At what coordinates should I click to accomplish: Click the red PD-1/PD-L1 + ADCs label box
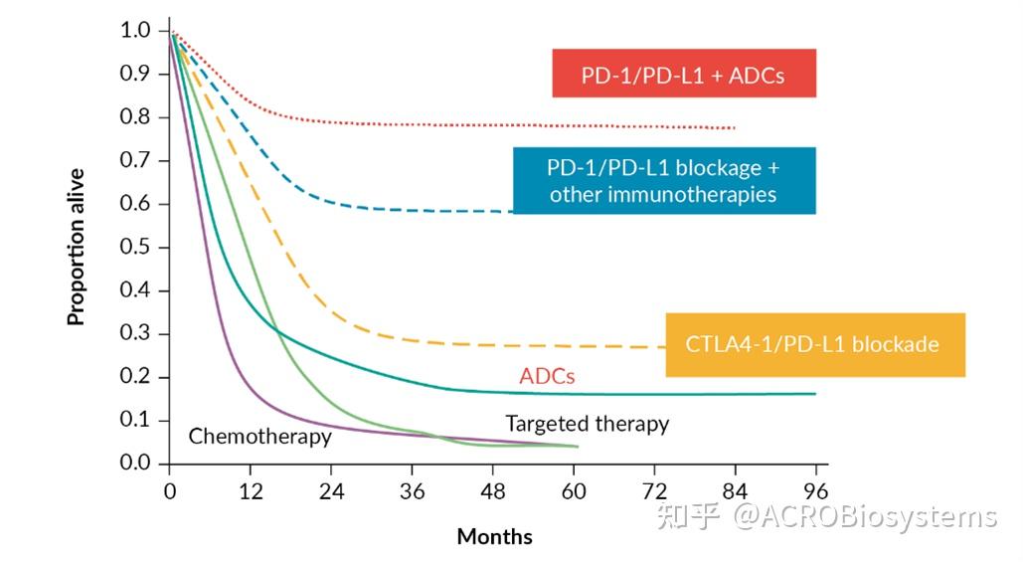[x=684, y=74]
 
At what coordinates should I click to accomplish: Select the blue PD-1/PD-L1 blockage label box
[x=664, y=180]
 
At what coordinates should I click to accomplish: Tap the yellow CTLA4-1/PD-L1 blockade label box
[x=814, y=344]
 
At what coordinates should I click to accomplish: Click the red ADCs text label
[x=547, y=376]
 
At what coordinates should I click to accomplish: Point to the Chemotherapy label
[x=259, y=436]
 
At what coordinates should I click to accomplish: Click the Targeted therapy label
[x=587, y=424]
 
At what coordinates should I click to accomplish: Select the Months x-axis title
[x=494, y=537]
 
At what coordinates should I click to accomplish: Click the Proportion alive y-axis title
[x=77, y=247]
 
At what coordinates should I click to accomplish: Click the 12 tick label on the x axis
[x=251, y=490]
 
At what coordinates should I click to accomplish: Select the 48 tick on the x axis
[x=493, y=490]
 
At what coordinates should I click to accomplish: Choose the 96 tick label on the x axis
[x=816, y=490]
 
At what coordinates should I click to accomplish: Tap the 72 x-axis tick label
[x=654, y=490]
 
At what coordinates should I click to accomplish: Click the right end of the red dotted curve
[x=734, y=128]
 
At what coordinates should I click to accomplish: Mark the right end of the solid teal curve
[x=814, y=394]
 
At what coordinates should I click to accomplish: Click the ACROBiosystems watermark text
[x=864, y=517]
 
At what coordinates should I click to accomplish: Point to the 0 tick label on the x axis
[x=170, y=490]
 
